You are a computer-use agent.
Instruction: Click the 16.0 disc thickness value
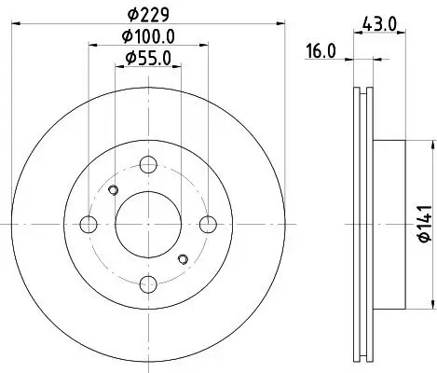click(320, 52)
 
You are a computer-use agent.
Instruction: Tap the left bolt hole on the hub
click(89, 224)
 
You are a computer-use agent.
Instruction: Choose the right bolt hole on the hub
click(208, 224)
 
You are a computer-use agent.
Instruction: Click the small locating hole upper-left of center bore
click(114, 191)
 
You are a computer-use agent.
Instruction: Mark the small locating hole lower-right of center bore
click(184, 258)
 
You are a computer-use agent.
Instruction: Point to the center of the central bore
click(148, 224)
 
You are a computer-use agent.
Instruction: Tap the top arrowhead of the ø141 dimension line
click(430, 143)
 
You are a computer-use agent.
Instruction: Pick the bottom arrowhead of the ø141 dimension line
click(430, 305)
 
